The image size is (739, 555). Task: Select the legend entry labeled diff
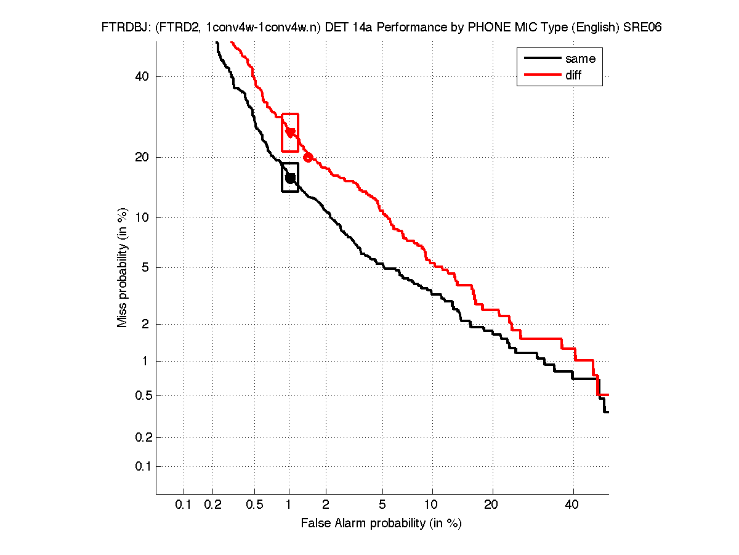pos(573,75)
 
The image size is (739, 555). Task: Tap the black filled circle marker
pos(290,178)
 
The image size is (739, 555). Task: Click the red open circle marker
pos(308,157)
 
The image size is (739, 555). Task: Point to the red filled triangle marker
pos(290,132)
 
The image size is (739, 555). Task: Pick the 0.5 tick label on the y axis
pos(141,395)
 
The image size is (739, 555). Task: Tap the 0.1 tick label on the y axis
pos(141,466)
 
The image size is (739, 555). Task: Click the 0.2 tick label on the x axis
pos(213,505)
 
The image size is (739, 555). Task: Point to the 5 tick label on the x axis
pos(382,505)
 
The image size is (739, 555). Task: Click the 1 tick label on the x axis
pos(289,505)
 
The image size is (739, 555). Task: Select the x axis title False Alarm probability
pos(381,524)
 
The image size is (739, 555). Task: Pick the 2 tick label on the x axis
pos(326,505)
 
